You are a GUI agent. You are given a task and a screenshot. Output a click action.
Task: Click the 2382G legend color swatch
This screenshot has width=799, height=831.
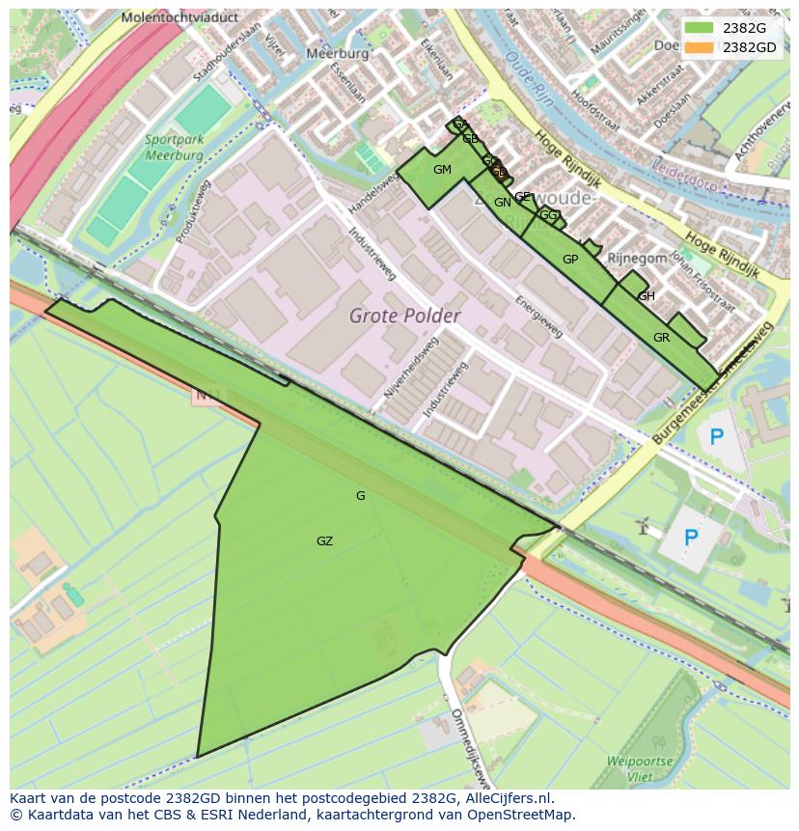pos(700,28)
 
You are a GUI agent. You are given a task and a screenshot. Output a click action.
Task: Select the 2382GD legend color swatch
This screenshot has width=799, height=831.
pos(700,46)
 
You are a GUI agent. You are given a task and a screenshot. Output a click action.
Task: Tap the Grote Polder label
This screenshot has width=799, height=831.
pos(404,316)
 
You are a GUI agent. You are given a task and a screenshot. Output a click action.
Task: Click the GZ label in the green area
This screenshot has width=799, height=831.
pos(324,541)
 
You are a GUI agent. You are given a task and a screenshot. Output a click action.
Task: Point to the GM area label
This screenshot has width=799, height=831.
pos(442,170)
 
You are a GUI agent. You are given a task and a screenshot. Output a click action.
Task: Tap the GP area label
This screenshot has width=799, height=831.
pos(570,260)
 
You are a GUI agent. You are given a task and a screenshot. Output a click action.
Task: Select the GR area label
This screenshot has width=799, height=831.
pos(661,338)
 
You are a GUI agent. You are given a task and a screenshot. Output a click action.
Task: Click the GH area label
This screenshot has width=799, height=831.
pos(647,296)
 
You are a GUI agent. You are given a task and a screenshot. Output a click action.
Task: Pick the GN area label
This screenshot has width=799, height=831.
pos(502,203)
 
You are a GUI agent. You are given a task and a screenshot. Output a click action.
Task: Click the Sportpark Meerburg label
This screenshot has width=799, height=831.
pos(175,147)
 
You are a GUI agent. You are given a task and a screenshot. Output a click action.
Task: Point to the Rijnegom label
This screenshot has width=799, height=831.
pos(637,258)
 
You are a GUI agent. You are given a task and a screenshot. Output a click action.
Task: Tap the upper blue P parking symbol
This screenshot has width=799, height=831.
pos(716,437)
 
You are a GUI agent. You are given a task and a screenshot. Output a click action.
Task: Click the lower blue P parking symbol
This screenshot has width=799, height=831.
pos(691,537)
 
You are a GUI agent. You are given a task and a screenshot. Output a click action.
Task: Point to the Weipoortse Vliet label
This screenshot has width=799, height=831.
pos(639,768)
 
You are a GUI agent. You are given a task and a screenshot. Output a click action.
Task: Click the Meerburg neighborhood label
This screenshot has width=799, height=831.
pos(338,54)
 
